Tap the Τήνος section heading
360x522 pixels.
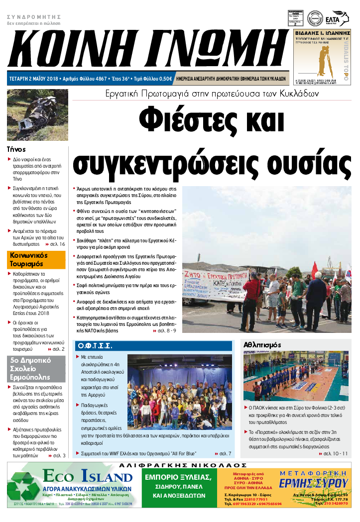coord(16,149)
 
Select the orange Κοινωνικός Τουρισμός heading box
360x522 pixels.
coord(36,259)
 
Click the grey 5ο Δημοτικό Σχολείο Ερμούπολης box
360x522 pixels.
coord(36,369)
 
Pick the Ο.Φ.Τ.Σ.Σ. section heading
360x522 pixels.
coord(95,345)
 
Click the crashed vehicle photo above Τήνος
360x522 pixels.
coord(36,115)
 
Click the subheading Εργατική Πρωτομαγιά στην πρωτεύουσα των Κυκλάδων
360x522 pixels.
coord(212,94)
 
